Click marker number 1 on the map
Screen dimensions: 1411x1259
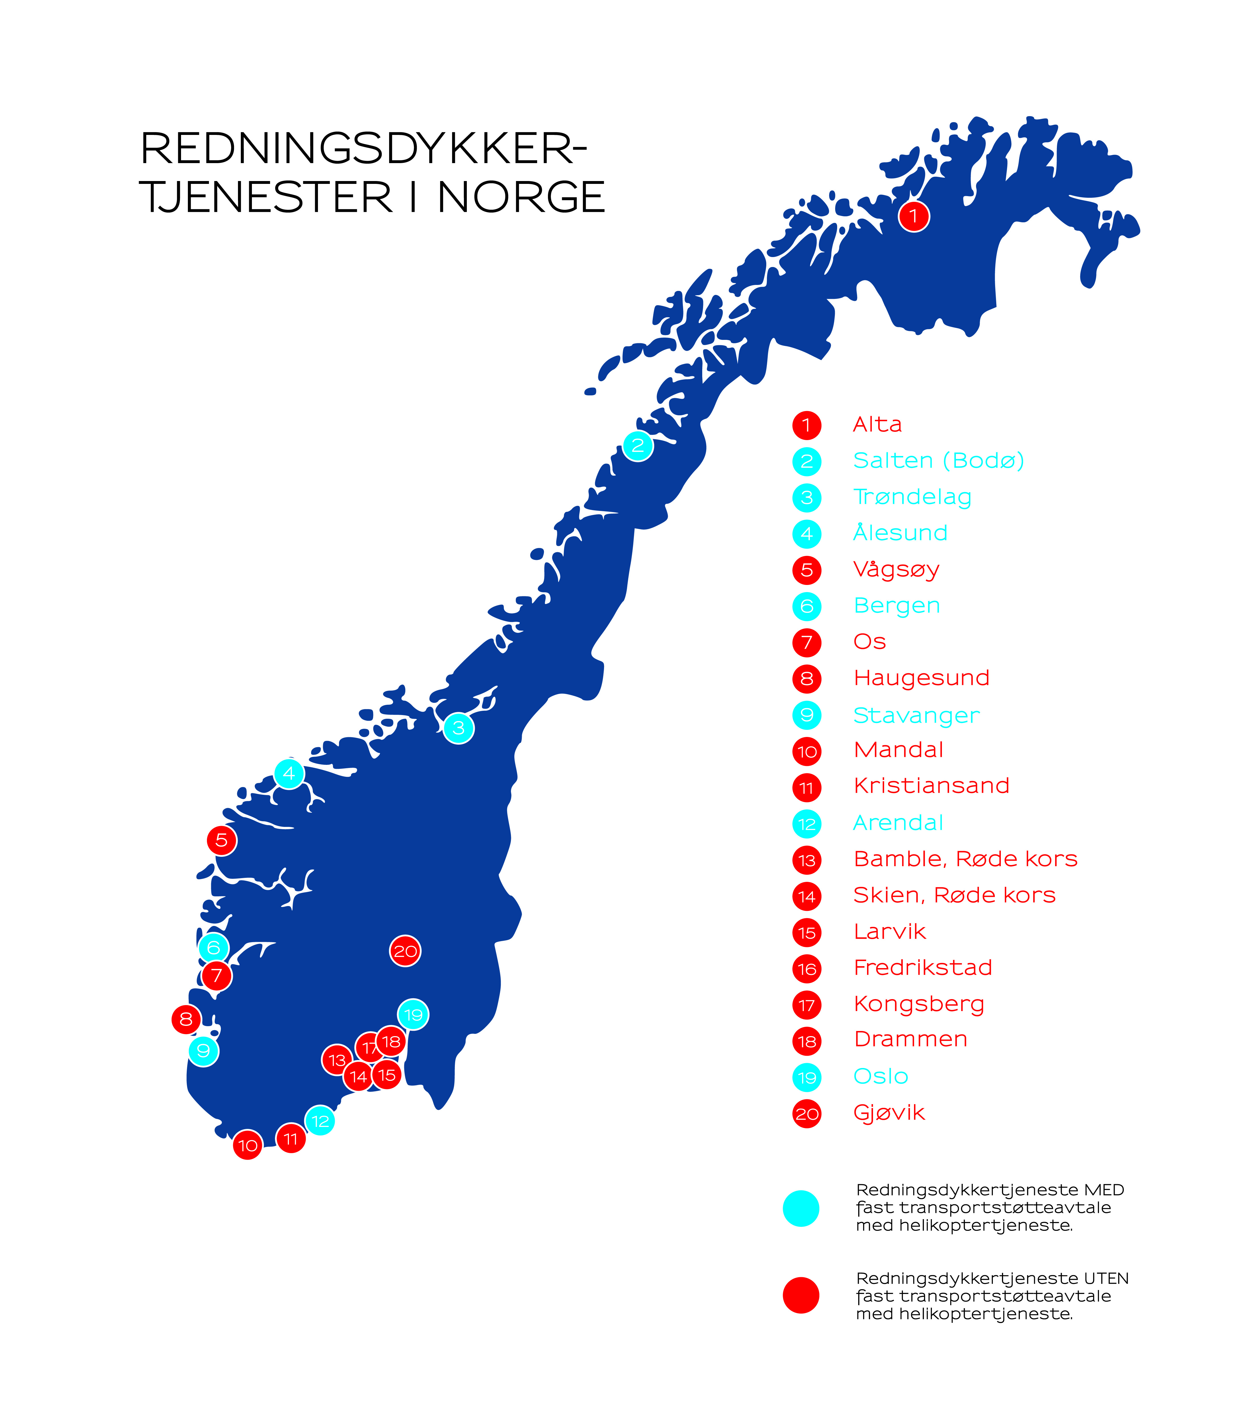(x=914, y=217)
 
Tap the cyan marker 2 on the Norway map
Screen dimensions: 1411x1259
(x=638, y=445)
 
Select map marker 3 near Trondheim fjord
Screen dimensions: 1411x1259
(x=459, y=728)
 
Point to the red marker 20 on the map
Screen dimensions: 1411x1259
(x=405, y=951)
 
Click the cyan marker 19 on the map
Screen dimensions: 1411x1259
(x=413, y=1015)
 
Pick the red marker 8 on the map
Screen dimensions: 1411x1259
(x=186, y=1019)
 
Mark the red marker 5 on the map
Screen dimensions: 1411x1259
(x=221, y=840)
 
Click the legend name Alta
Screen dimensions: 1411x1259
(x=877, y=424)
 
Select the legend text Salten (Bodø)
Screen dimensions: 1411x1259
(x=938, y=461)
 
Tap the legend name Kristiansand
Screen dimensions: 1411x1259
(x=931, y=786)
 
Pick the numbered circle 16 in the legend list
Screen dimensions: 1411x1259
(x=807, y=969)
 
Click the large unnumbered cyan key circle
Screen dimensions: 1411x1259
(x=801, y=1208)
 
